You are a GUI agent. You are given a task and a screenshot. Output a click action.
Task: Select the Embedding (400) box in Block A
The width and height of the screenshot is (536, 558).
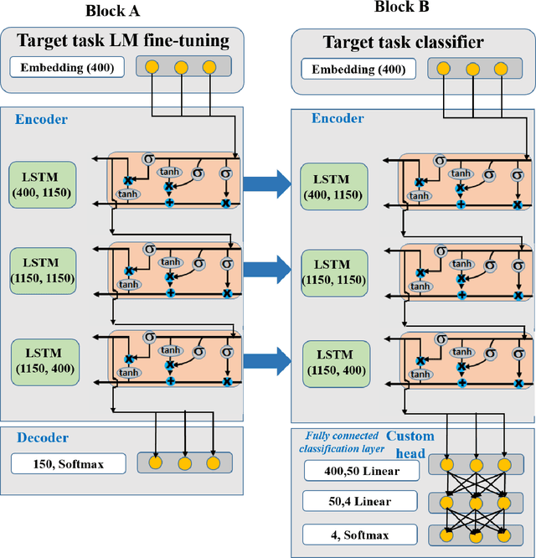67,66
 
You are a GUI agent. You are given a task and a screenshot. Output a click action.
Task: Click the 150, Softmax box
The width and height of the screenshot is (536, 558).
69,462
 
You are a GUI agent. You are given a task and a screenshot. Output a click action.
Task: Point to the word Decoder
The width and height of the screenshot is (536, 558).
41,437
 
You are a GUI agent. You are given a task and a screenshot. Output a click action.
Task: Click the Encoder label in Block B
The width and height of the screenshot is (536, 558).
338,119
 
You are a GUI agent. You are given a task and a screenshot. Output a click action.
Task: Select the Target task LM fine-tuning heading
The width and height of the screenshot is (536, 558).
122,39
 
